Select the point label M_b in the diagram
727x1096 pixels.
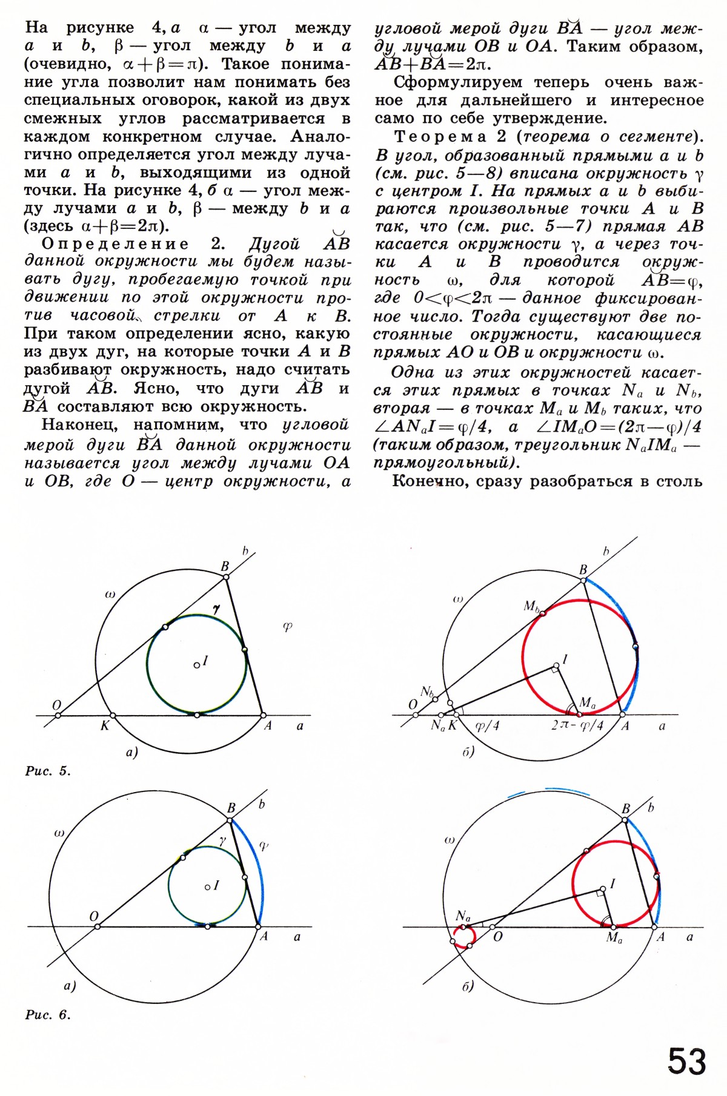coord(531,606)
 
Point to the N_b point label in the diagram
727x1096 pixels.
coord(427,692)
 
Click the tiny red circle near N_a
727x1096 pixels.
coord(464,938)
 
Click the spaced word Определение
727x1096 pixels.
coord(115,244)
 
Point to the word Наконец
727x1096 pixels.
coord(82,425)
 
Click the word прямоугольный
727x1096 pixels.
coord(441,463)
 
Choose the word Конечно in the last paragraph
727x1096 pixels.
coord(432,481)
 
